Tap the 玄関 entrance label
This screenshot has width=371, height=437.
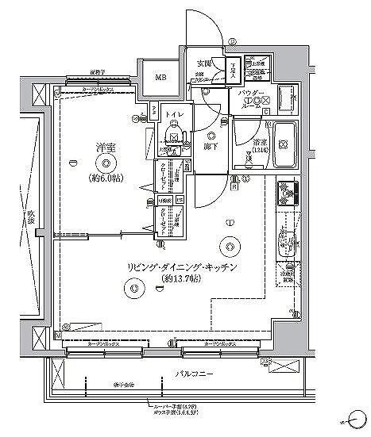click(205, 63)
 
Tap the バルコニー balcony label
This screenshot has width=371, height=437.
click(193, 371)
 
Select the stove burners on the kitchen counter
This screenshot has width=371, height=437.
click(286, 191)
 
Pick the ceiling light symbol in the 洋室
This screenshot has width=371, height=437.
click(108, 163)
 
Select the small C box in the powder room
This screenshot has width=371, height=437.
click(265, 111)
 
